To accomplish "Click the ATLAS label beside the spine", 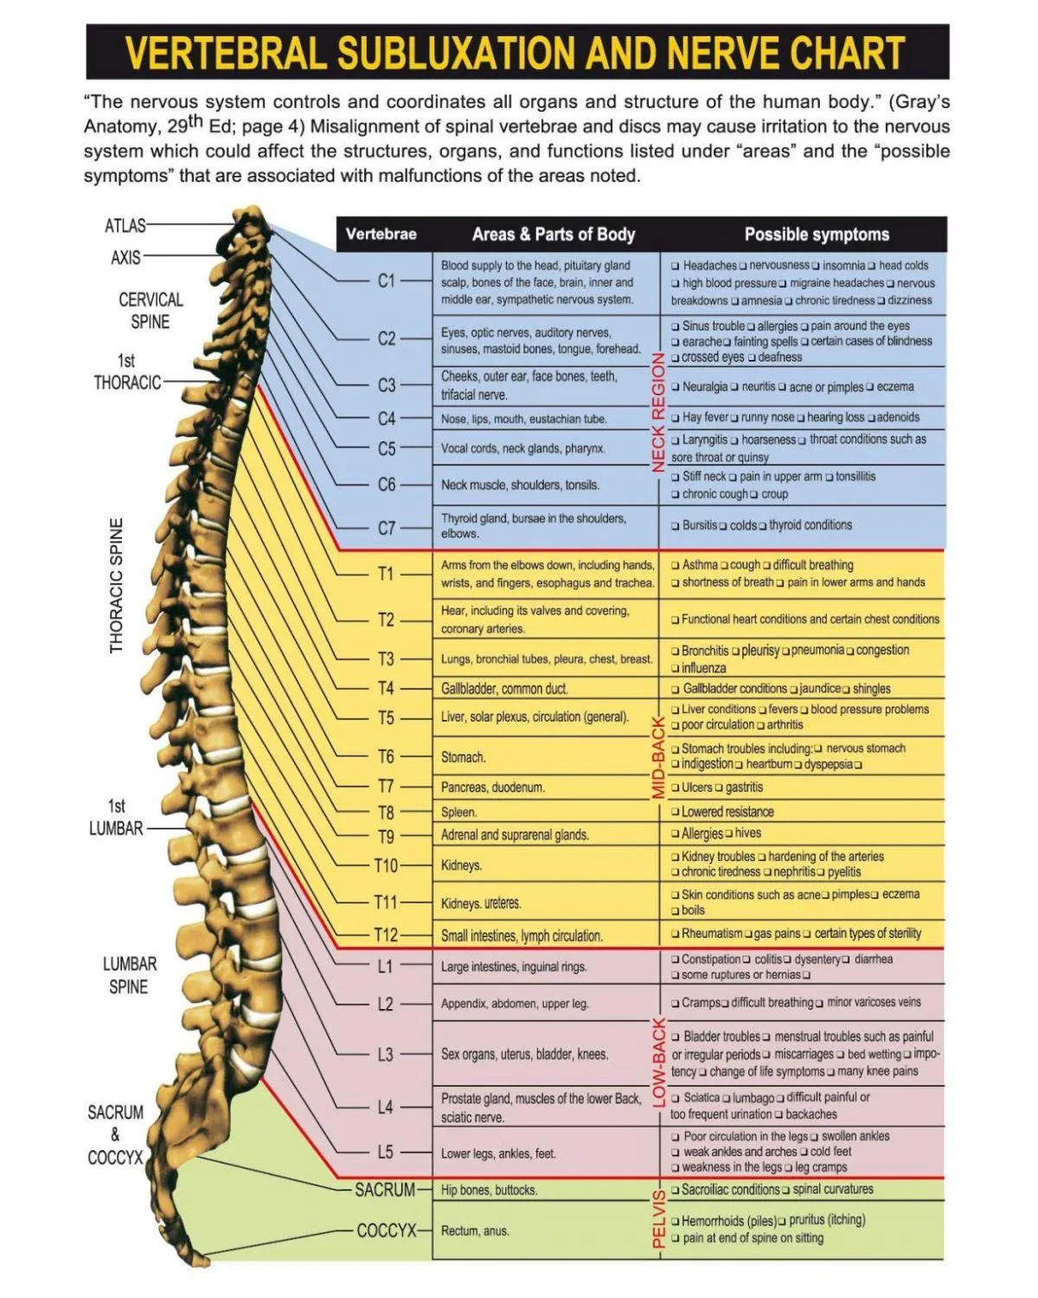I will [125, 226].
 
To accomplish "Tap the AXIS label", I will [125, 258].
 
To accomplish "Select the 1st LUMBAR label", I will [116, 818].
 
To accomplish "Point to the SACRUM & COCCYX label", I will [115, 1134].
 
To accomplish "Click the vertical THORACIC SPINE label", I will [117, 586].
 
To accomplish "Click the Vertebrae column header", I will [381, 235].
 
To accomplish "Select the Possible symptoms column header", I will [817, 235].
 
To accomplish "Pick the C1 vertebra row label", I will [386, 281].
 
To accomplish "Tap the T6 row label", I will [386, 757].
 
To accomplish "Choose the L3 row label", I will [385, 1055].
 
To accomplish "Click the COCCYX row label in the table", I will [387, 1231].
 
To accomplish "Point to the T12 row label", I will [386, 935].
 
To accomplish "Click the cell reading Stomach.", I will [463, 758].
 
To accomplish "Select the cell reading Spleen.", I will [459, 813].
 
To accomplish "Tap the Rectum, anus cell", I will [475, 1231].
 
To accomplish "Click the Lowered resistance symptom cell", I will [727, 812].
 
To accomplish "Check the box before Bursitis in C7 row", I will [675, 526].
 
